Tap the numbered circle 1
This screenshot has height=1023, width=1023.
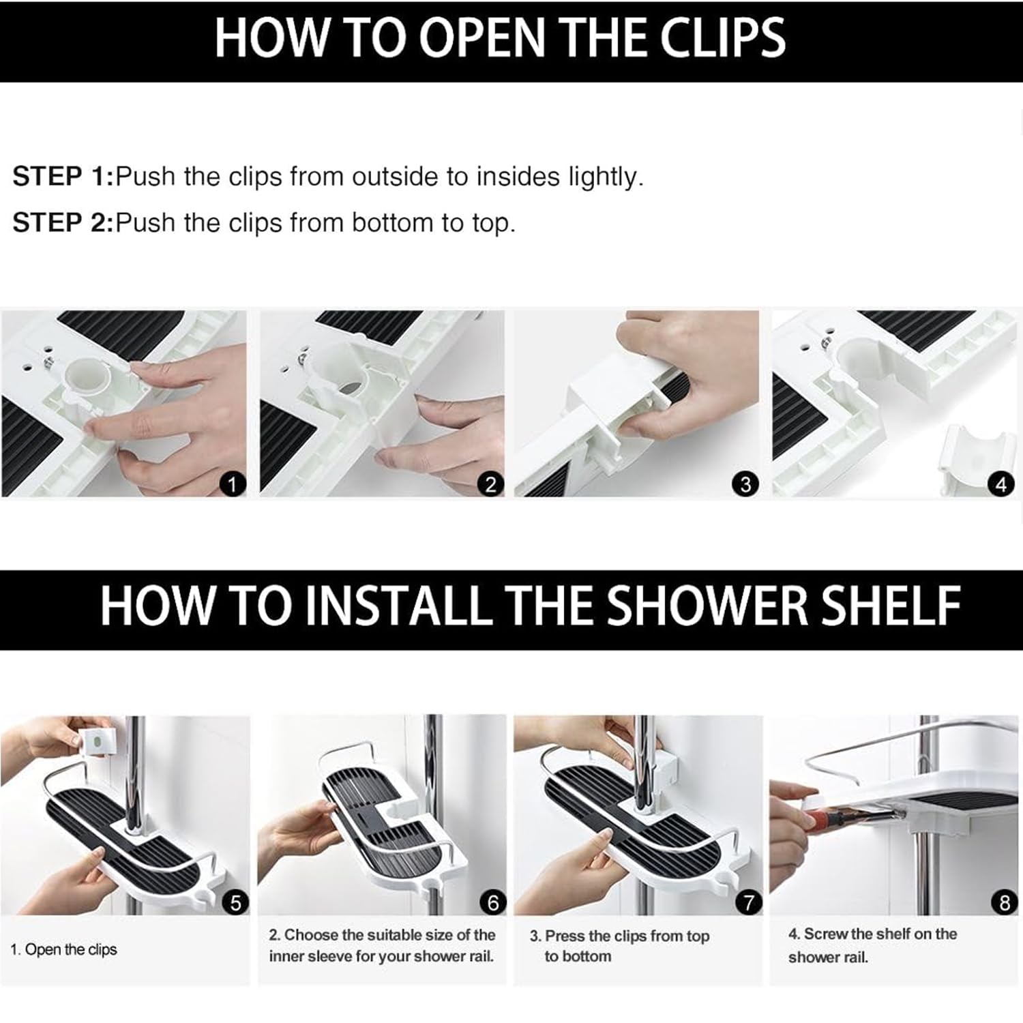tap(233, 485)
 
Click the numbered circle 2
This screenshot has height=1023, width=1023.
tap(490, 485)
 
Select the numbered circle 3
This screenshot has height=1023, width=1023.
tap(745, 485)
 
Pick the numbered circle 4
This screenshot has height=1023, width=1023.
tap(1000, 485)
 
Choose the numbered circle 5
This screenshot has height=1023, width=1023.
tap(235, 903)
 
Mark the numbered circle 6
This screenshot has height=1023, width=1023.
tap(492, 903)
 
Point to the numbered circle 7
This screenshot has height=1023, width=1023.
tap(748, 903)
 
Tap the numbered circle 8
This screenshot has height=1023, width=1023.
tap(1004, 903)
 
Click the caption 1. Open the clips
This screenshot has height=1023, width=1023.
tap(63, 949)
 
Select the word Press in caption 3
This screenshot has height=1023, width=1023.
tap(564, 936)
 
